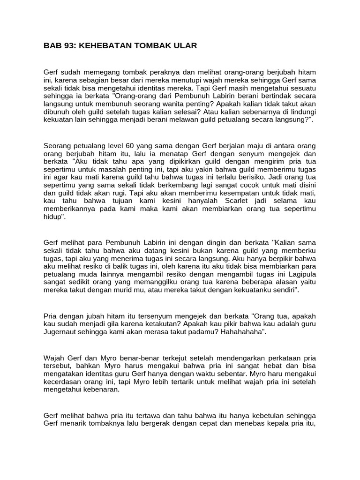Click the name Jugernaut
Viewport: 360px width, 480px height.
coord(62,331)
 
